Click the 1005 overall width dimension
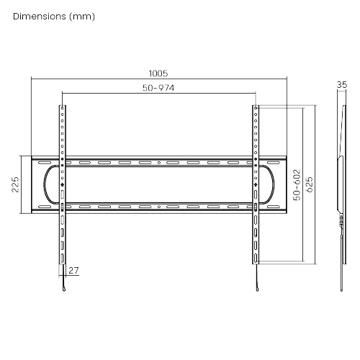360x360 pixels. (158, 73)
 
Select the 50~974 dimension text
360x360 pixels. (158, 88)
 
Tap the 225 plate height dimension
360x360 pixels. (15, 184)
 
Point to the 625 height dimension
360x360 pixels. (310, 184)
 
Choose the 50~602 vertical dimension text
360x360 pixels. (297, 185)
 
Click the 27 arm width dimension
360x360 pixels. (73, 271)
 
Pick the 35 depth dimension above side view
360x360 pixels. (342, 85)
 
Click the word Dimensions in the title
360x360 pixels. (40, 17)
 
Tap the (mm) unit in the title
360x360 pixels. (82, 17)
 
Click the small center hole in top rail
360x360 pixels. (159, 163)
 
